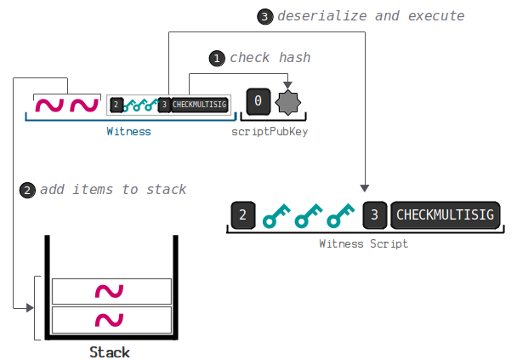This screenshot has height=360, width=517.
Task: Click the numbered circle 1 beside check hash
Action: click(x=216, y=58)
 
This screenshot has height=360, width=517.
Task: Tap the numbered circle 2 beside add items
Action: click(x=27, y=189)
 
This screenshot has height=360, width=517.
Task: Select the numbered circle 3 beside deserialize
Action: click(x=264, y=15)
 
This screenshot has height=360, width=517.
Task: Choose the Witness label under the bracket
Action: click(x=128, y=132)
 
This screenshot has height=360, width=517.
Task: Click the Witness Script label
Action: click(x=363, y=244)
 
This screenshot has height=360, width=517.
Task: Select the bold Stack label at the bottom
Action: click(x=110, y=351)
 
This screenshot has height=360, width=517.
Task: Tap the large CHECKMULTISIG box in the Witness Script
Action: click(x=445, y=215)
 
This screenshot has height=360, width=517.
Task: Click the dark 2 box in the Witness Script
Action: click(x=242, y=215)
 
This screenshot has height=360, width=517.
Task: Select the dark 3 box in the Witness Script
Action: click(x=374, y=215)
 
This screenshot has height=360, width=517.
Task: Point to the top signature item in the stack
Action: click(x=111, y=292)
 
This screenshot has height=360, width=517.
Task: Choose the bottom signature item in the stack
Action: click(x=111, y=320)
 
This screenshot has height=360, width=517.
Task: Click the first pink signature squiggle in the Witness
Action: click(x=49, y=106)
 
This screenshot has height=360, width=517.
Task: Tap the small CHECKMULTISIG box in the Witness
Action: click(x=200, y=105)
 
